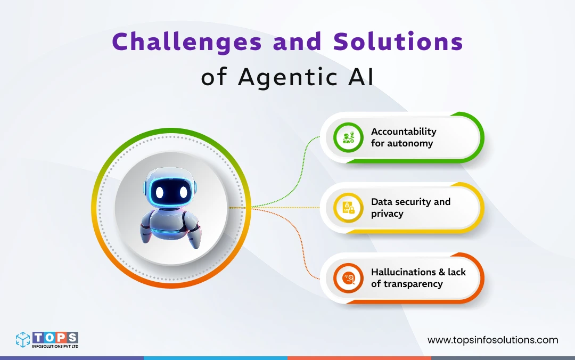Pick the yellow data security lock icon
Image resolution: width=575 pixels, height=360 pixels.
pyautogui.click(x=348, y=208)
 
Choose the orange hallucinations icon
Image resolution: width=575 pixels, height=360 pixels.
pyautogui.click(x=348, y=278)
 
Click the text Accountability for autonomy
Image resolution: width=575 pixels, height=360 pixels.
pyautogui.click(x=403, y=137)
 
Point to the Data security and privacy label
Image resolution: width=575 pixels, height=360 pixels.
pyautogui.click(x=410, y=208)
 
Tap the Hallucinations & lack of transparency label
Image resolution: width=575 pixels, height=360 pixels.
pyautogui.click(x=418, y=278)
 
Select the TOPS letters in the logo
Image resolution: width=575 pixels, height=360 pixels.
pyautogui.click(x=55, y=337)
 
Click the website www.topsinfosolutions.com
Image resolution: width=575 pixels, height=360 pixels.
pyautogui.click(x=492, y=340)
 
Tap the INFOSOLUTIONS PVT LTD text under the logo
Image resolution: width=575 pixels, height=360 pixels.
pyautogui.click(x=55, y=347)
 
